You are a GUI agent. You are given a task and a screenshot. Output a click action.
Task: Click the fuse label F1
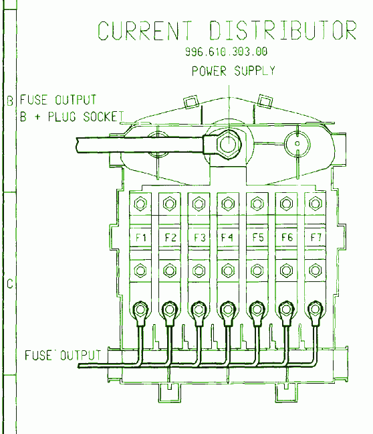click(140, 238)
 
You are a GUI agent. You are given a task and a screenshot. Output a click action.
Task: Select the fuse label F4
click(227, 238)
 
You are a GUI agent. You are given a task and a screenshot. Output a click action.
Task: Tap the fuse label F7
click(316, 238)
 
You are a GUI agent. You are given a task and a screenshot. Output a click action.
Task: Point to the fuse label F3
click(199, 238)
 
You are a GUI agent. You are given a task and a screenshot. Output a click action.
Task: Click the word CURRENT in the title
click(145, 31)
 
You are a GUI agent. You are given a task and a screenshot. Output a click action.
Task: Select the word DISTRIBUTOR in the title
click(283, 30)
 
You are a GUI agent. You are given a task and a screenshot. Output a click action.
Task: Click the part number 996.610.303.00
click(226, 52)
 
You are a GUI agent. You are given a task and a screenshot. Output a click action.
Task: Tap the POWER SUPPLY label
click(233, 71)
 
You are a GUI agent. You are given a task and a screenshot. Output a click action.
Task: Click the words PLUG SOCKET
click(86, 117)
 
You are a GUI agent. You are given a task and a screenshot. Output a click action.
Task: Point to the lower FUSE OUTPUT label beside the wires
click(63, 356)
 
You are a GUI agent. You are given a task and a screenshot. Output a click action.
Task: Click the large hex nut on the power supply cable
click(229, 145)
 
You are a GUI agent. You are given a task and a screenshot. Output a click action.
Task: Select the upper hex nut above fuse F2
click(169, 204)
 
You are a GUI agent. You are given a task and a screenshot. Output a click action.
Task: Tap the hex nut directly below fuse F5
click(257, 271)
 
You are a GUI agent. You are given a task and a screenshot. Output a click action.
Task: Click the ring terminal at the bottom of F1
click(140, 309)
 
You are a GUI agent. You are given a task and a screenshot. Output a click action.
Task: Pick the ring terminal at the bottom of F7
click(316, 309)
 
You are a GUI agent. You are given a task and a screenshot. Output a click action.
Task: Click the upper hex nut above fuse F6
click(286, 204)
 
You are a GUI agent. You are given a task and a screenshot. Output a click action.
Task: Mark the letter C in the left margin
click(10, 284)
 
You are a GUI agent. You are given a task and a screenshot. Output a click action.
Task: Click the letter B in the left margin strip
click(10, 100)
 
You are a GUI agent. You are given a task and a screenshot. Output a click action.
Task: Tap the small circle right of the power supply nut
click(297, 143)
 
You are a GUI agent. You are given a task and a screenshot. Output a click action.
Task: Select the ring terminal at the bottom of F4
click(228, 309)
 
